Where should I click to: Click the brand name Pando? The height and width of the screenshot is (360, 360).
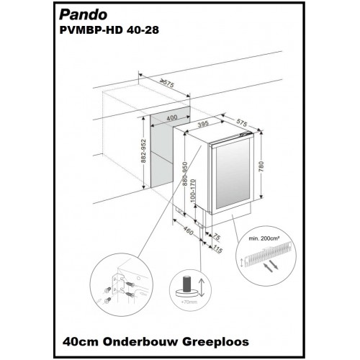click(83, 15)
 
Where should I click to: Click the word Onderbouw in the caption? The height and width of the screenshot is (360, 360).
click(142, 341)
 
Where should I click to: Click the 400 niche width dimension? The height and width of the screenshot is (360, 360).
click(172, 117)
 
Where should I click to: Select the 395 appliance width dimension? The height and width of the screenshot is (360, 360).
click(203, 125)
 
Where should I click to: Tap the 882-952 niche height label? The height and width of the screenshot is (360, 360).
click(143, 151)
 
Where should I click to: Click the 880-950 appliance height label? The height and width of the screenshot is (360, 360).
click(185, 174)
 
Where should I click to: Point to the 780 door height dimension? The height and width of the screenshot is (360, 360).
click(261, 166)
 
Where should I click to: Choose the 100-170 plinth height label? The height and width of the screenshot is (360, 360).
click(194, 191)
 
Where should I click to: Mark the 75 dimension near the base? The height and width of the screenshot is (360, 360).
click(216, 237)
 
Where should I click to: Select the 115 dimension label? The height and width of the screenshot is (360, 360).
click(217, 250)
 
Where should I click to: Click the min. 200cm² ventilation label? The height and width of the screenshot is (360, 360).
click(264, 238)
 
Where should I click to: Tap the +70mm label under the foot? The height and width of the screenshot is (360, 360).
click(189, 302)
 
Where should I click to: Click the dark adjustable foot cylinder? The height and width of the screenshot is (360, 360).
click(186, 284)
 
